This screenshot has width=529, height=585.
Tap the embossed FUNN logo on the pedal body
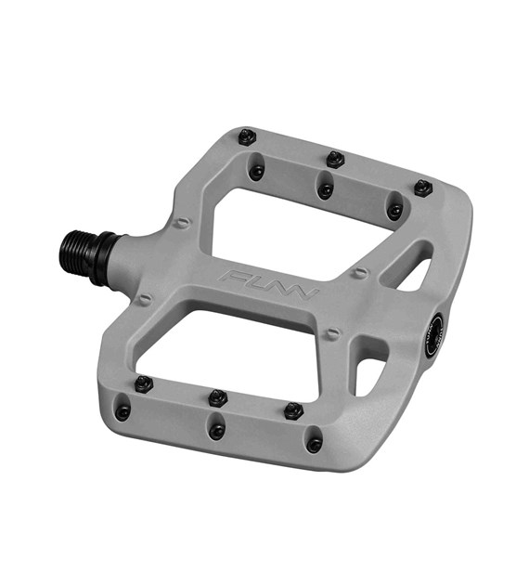(x=269, y=282)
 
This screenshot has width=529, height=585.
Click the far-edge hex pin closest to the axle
(x=247, y=136)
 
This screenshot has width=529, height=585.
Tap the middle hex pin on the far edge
(x=335, y=159)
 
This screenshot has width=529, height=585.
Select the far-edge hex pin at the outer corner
(x=423, y=188)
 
